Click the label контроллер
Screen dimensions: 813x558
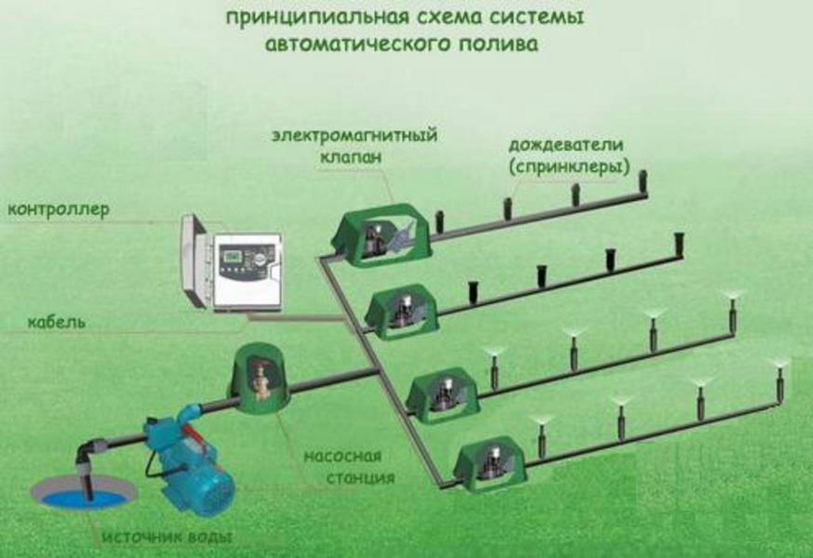pos(59,210)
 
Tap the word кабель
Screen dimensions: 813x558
pos(57,322)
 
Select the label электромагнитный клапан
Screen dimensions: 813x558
pos(354,145)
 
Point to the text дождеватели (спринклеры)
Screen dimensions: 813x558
pos(568,155)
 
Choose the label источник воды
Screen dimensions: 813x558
pos(167,537)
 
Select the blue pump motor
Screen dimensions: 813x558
pos(194,467)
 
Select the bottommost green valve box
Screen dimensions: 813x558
pos(490,462)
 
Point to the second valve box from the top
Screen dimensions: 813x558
pos(402,312)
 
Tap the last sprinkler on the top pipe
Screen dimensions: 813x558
pos(644,182)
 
